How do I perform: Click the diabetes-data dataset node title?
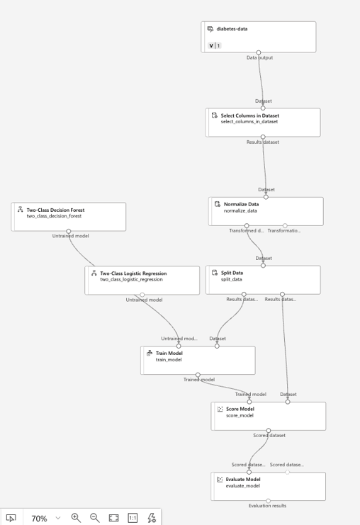tap(232, 29)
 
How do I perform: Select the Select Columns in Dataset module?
tap(263, 122)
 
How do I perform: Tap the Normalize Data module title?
tap(241, 204)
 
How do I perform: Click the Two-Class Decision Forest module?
tap(69, 217)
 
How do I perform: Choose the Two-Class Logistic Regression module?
tap(142, 281)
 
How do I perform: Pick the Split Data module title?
tap(232, 273)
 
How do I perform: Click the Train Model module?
tap(198, 360)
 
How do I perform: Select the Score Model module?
tap(269, 416)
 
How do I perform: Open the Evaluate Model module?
tap(269, 487)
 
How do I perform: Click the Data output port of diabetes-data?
tap(259, 52)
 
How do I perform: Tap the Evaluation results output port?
tap(269, 501)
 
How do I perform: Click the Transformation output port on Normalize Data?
tap(285, 226)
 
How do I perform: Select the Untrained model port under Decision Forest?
tap(69, 232)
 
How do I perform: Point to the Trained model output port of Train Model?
tap(198, 375)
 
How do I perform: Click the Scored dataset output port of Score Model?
tap(269, 431)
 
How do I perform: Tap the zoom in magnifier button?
tap(76, 518)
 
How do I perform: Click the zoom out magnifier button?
tap(95, 518)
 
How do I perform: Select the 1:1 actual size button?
tap(133, 518)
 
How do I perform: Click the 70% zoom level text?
tap(39, 519)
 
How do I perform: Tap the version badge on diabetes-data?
tap(214, 45)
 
